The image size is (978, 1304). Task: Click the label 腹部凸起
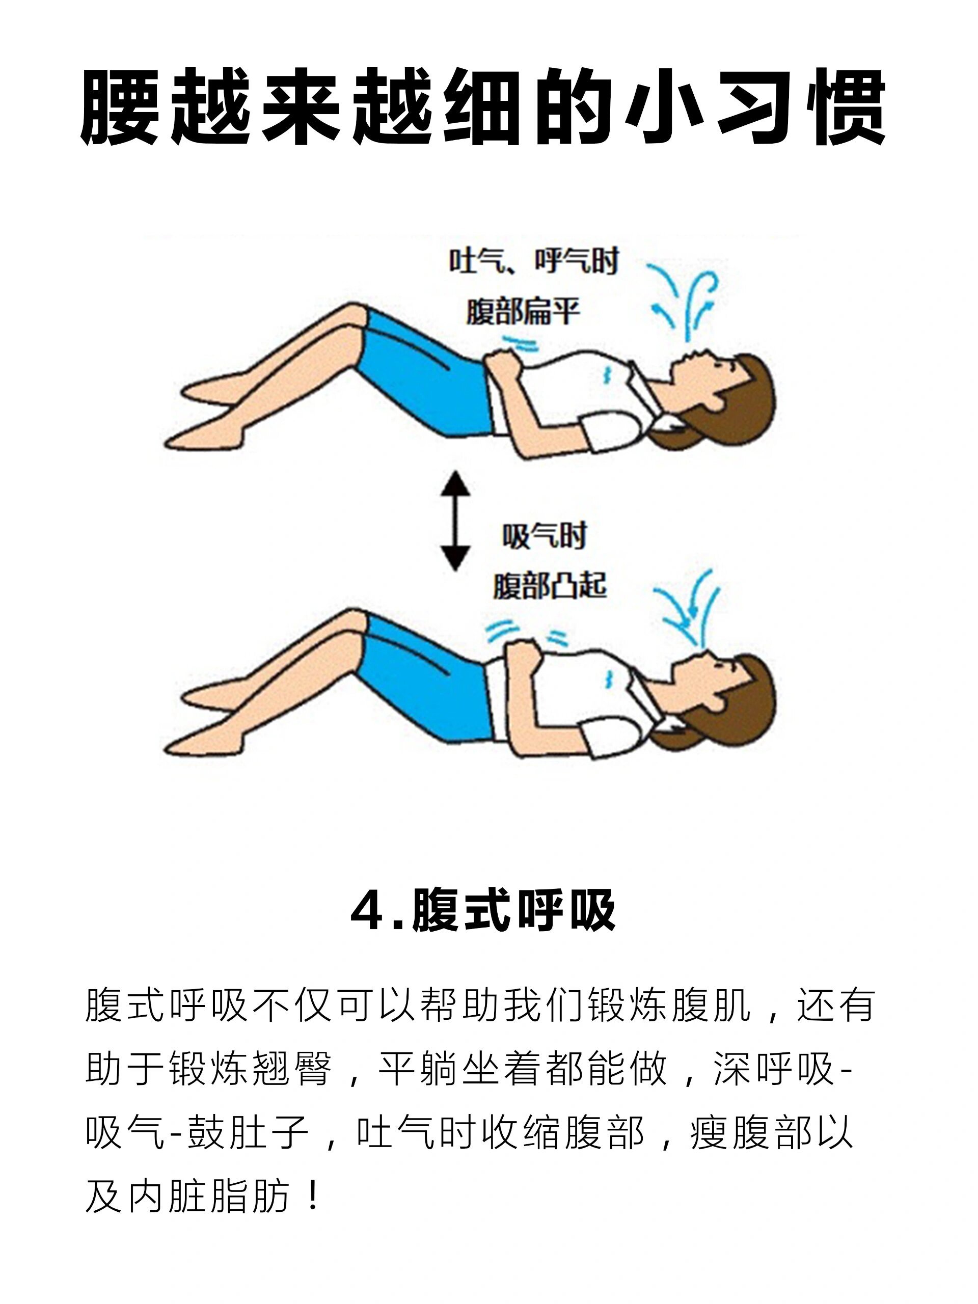550,586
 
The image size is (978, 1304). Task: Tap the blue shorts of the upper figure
424,377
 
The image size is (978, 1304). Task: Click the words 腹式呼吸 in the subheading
513,911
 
